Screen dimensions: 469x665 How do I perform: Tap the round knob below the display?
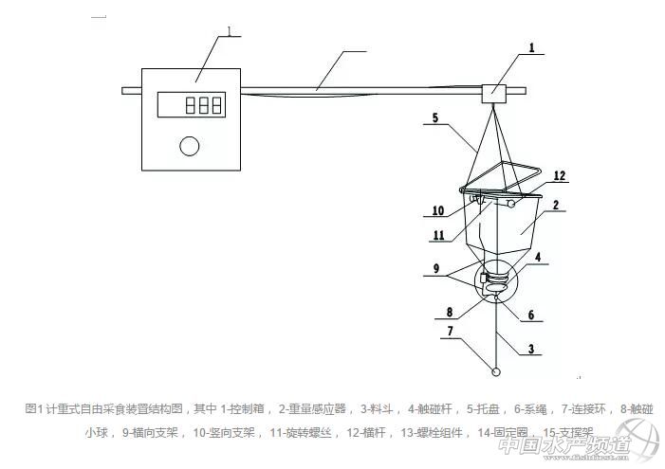[190, 146]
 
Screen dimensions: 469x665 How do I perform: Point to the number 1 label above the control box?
[229, 31]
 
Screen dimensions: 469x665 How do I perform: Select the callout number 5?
[435, 119]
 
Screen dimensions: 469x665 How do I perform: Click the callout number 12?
[560, 176]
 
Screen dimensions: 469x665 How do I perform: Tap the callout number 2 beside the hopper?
[556, 204]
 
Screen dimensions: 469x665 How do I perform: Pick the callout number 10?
[438, 210]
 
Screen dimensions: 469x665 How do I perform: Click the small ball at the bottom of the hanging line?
[496, 370]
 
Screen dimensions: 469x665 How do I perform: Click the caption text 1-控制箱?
[245, 408]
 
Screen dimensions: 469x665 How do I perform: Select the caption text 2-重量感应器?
[316, 408]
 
